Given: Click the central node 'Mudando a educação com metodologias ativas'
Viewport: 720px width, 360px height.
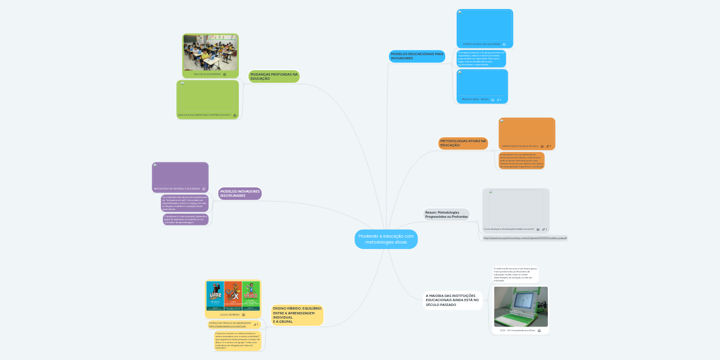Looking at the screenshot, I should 386,239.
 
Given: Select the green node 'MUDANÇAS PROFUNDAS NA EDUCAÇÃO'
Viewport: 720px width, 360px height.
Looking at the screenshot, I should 274,77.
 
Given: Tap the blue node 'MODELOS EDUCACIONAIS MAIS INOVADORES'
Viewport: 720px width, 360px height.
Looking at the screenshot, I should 417,56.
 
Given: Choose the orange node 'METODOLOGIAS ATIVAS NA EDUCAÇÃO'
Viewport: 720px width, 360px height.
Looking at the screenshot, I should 463,143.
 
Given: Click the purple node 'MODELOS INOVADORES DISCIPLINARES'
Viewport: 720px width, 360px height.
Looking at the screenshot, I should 239,193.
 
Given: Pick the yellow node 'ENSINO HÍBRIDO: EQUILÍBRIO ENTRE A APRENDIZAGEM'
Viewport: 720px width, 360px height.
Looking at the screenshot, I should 297,314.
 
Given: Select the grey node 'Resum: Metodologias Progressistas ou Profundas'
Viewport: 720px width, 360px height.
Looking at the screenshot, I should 446,214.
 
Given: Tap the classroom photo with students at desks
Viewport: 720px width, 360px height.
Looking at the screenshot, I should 211,53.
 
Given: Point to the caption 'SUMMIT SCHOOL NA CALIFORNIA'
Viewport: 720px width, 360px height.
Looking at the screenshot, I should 481,44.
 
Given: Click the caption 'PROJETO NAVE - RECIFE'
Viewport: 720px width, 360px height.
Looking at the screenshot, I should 475,100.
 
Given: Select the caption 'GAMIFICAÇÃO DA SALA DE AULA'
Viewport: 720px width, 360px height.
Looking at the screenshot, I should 520,146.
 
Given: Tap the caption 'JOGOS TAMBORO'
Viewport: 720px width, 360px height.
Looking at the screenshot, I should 229,314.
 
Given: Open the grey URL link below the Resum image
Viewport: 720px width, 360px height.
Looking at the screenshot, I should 524,238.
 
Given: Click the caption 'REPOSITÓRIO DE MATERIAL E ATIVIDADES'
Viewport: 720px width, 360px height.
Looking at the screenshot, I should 176,188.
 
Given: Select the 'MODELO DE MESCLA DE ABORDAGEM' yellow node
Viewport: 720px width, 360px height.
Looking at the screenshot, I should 230,324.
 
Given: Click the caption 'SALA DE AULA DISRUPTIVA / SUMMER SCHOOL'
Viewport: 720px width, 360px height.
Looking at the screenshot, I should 204,115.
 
